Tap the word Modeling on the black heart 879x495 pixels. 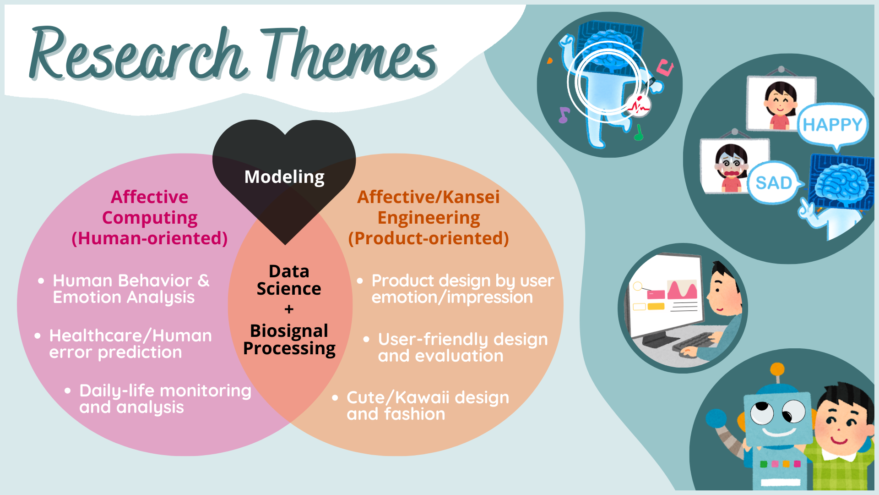284,177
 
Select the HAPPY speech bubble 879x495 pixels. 833,125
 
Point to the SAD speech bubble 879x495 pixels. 774,183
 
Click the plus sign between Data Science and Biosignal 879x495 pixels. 289,310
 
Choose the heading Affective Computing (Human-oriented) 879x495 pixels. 150,218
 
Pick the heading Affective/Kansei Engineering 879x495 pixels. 429,207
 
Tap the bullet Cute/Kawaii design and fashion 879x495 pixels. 421,406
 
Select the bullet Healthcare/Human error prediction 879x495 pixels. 124,344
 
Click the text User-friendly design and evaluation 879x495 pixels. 463,347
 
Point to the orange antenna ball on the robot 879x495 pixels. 777,369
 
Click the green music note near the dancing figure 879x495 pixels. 639,132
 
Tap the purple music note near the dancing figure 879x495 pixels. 564,115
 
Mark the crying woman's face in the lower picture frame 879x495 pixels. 731,163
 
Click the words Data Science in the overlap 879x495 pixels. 289,280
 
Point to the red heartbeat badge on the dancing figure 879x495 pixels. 638,106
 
